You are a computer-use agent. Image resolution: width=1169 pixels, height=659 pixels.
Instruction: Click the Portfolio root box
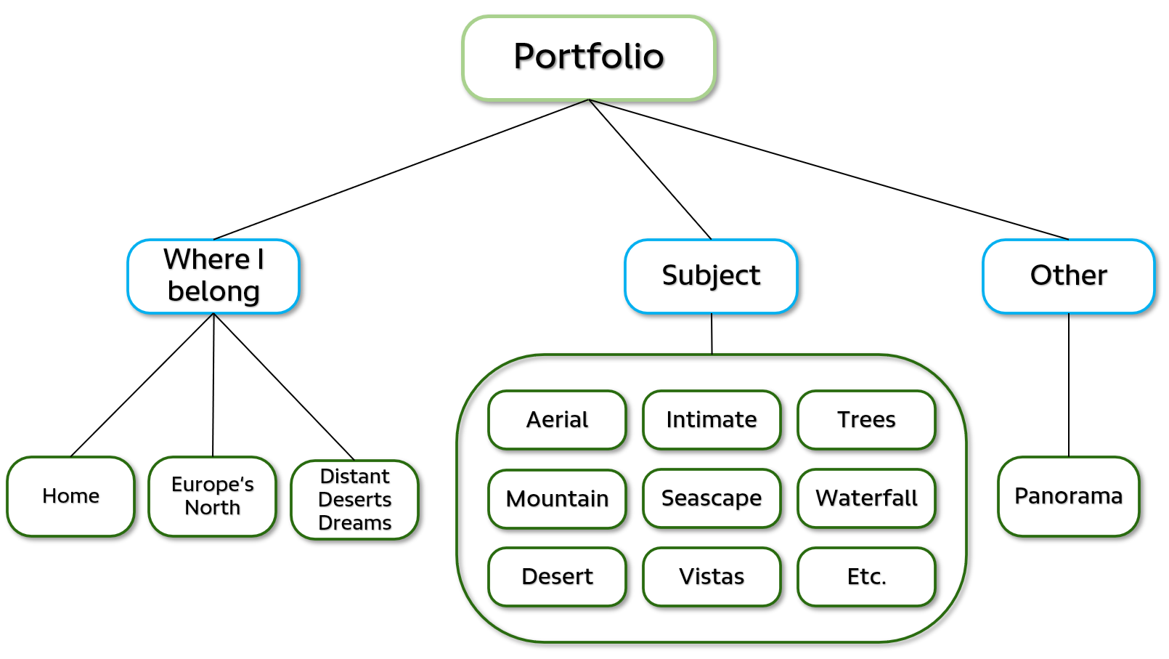589,57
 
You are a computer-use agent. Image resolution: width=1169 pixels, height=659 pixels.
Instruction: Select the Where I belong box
213,276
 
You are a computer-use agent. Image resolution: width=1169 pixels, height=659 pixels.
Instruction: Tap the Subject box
711,276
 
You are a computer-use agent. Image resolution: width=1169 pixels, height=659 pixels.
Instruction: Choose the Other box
1068,276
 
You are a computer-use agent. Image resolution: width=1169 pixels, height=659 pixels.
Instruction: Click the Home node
70,496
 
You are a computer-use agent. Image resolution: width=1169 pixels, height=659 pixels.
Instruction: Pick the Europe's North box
212,496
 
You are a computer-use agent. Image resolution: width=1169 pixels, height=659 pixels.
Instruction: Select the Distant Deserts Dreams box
354,500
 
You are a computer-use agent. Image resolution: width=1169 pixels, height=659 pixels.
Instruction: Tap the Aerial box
557,420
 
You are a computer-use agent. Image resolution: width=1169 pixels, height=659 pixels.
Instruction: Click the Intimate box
712,420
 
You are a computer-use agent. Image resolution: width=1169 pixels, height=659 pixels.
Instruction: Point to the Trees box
866,420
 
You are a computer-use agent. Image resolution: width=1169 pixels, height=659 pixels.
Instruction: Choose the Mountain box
557,498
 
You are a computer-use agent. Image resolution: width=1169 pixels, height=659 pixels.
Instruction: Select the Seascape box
712,498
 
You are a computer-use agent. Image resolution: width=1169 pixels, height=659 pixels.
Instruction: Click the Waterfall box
866,498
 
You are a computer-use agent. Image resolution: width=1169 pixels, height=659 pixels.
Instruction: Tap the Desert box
557,577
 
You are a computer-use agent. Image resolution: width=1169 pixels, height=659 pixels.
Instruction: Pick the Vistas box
712,577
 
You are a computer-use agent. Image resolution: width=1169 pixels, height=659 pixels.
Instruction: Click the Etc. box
866,577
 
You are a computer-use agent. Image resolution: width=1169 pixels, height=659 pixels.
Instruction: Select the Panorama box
1068,496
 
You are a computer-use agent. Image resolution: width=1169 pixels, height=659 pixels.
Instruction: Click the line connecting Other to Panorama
1068,385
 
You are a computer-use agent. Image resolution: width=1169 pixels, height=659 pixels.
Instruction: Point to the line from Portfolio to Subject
650,169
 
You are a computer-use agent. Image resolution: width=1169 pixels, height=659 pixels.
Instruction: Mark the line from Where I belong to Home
142,385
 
